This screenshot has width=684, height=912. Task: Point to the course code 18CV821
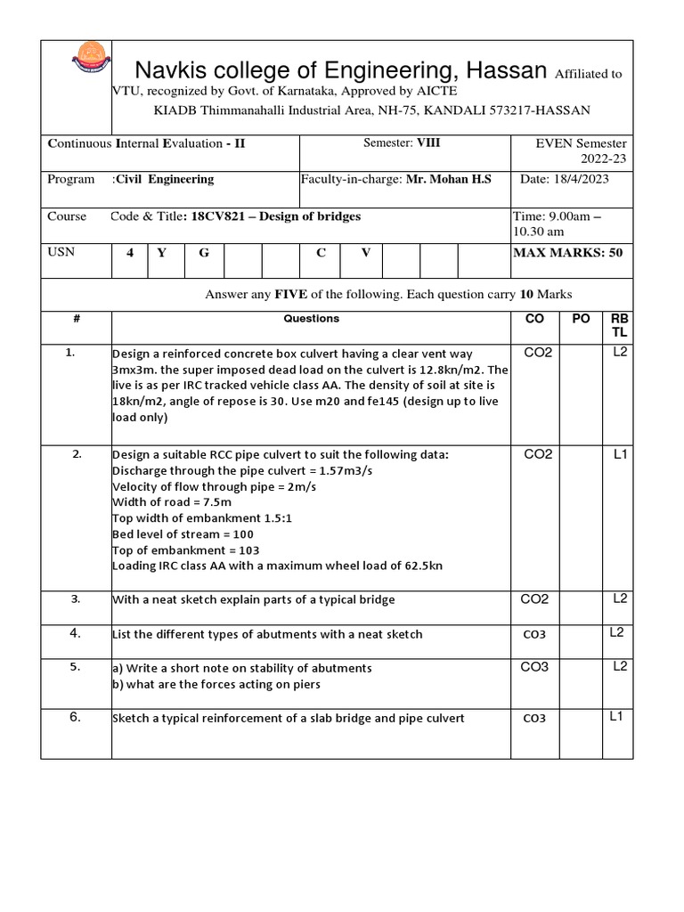221,216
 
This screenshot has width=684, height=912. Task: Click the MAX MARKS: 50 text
568,253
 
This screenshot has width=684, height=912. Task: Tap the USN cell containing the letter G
204,253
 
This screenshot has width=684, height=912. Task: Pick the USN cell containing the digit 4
130,253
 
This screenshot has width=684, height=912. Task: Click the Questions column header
311,318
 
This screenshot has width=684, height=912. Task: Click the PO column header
581,319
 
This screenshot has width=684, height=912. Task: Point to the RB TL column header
618,325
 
